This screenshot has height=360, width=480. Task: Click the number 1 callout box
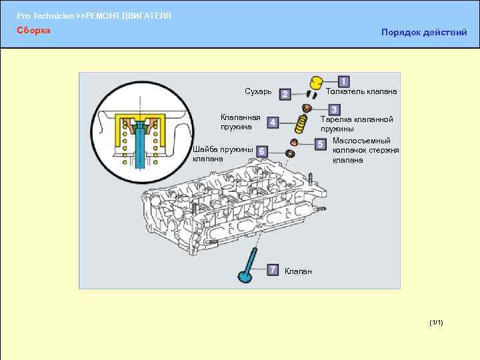343,81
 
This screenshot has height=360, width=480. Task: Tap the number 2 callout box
285,95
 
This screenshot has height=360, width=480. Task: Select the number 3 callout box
333,109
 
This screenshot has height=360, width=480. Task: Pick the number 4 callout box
273,122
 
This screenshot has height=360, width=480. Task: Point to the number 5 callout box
320,143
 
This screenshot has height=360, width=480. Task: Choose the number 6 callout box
263,152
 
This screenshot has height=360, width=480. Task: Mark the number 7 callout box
273,269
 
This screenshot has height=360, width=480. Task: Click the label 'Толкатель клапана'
361,91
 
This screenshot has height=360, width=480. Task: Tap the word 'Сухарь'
258,91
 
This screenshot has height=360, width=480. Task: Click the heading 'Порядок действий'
423,33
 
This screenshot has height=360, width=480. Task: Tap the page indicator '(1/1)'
437,323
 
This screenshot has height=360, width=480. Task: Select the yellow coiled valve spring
301,122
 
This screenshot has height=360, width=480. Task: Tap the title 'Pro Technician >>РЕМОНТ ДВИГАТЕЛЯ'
94,15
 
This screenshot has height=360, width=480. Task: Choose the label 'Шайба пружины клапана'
223,154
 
